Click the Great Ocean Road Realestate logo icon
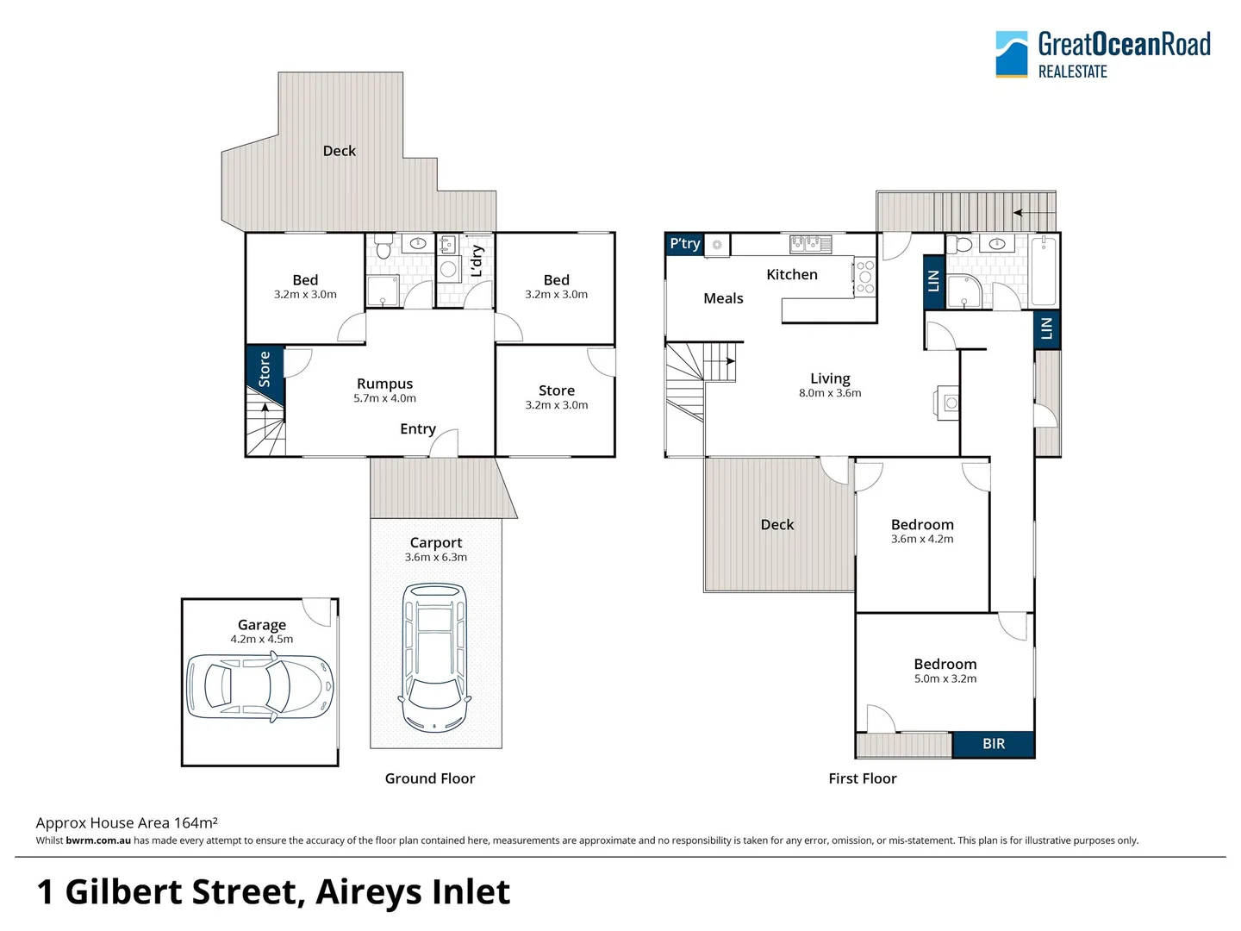tap(1012, 54)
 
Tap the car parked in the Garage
tap(259, 686)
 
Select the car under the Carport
tap(436, 658)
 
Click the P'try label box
tap(685, 244)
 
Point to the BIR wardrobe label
tap(993, 744)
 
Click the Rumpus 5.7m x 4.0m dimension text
tap(384, 398)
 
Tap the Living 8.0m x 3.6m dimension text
tap(829, 393)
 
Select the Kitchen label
tap(791, 274)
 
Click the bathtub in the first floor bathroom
tap(1044, 271)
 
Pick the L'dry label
tap(477, 261)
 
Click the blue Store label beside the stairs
tap(265, 369)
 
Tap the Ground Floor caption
tap(429, 778)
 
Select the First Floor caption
tap(862, 778)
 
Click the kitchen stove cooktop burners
tap(864, 277)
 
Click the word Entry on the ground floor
tap(417, 428)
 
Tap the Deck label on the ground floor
tap(339, 151)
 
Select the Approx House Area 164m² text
tap(127, 822)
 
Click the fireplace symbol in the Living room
tap(947, 403)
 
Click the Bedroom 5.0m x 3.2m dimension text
tap(945, 678)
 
